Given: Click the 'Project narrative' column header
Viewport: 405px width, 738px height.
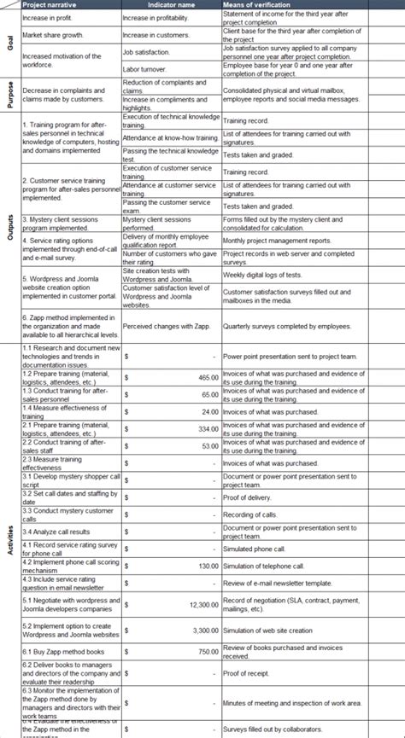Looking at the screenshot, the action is pyautogui.click(x=50, y=4).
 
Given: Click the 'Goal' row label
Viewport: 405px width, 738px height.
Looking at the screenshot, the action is pyautogui.click(x=10, y=43).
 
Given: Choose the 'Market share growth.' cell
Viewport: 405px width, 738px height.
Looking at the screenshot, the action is pyautogui.click(x=54, y=36).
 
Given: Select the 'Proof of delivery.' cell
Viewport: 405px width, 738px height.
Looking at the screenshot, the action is pyautogui.click(x=248, y=497).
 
